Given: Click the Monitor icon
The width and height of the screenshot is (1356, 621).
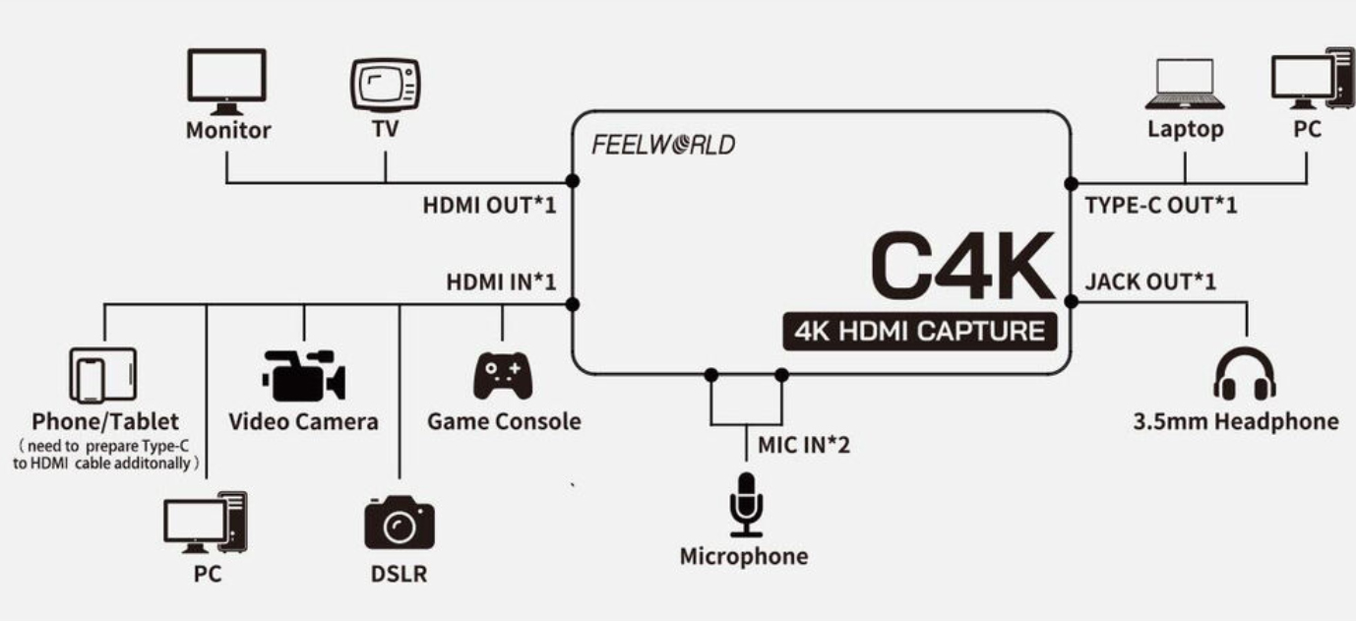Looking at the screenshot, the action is click(x=226, y=82).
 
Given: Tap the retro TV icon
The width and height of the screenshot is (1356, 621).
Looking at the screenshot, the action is click(x=386, y=86).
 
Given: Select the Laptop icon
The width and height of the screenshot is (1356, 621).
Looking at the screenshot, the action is click(x=1185, y=84).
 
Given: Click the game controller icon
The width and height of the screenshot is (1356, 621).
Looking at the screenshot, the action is click(x=503, y=375).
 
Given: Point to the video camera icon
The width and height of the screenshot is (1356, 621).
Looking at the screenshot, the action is click(x=303, y=375).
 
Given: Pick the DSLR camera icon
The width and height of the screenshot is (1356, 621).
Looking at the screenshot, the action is click(x=399, y=523).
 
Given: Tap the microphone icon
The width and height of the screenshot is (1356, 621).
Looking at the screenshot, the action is click(x=747, y=505).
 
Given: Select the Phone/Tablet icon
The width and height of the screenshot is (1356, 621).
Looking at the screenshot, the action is click(x=103, y=375).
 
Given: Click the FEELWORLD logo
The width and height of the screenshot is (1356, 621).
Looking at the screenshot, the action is click(x=663, y=145).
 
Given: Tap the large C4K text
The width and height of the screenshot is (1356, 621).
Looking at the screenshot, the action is click(x=962, y=267).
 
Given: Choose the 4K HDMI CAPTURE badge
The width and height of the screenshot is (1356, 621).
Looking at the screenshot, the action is click(x=919, y=332).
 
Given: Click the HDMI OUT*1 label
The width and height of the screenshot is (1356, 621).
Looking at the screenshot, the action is click(x=489, y=205).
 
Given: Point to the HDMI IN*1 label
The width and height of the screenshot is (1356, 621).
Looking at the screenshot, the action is click(x=501, y=282).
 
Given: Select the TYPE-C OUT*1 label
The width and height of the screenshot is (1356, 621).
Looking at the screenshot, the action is click(x=1160, y=205).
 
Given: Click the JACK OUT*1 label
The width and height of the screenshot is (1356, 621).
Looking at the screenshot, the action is click(x=1150, y=282).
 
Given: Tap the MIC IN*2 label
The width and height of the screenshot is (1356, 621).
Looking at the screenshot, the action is click(x=804, y=446).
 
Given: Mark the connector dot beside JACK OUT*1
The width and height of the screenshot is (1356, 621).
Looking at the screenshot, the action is click(x=1071, y=301).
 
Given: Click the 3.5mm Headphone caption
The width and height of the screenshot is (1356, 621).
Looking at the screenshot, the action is click(x=1236, y=422).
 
